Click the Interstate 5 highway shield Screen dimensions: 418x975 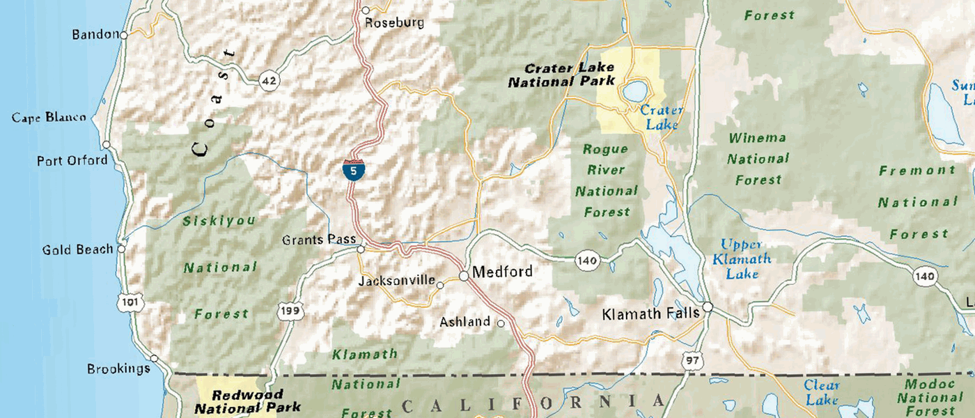pyautogui.click(x=353, y=171)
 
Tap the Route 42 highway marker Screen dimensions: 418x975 pyautogui.click(x=269, y=81)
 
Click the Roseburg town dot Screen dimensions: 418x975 pyautogui.click(x=366, y=10)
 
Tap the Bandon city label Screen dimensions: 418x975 pyautogui.click(x=95, y=34)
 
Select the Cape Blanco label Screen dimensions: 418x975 pyautogui.click(x=49, y=118)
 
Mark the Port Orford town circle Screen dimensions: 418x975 pyautogui.click(x=107, y=145)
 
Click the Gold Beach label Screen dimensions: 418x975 pyautogui.click(x=77, y=249)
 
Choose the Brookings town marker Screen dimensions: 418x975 pyautogui.click(x=155, y=359)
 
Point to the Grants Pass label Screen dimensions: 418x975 pyautogui.click(x=318, y=240)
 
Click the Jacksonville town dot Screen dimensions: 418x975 pyautogui.click(x=440, y=284)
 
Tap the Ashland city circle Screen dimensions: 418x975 pyautogui.click(x=500, y=323)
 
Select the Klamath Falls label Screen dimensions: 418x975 pyautogui.click(x=650, y=313)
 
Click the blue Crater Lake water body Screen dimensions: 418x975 pyautogui.click(x=634, y=91)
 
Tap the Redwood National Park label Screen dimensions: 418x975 pyautogui.click(x=247, y=401)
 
